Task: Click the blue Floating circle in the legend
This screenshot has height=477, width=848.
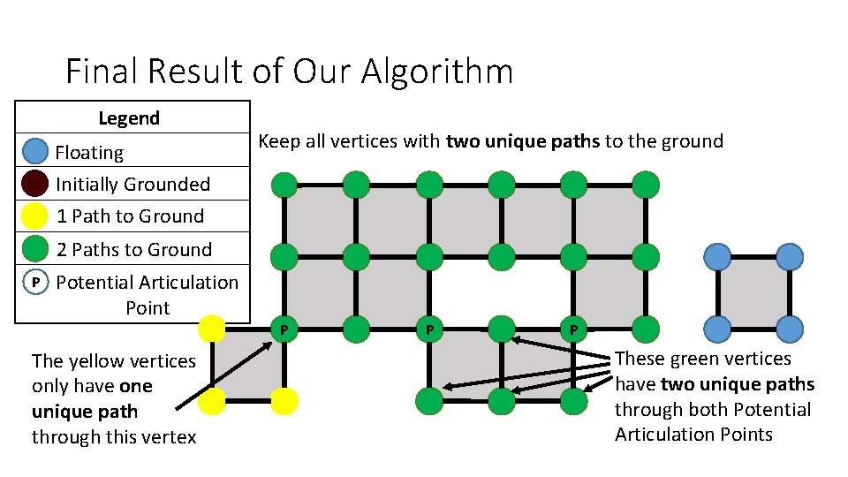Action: [34, 152]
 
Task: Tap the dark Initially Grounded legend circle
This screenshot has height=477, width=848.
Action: [34, 184]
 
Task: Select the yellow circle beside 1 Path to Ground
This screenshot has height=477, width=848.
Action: [34, 216]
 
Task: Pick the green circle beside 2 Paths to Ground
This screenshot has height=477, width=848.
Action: [34, 249]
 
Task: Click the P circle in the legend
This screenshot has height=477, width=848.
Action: [34, 283]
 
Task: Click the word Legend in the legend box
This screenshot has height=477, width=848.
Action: [129, 117]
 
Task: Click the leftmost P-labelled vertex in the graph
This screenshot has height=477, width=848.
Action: [284, 329]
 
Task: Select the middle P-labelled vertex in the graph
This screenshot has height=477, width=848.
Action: [429, 329]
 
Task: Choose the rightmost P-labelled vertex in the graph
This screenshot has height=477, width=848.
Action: [573, 329]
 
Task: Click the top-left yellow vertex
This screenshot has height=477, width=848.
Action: [211, 329]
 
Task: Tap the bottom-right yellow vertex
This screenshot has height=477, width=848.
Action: [284, 402]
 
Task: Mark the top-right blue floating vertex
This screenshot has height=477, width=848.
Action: [790, 257]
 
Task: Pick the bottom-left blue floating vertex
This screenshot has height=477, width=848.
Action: [717, 329]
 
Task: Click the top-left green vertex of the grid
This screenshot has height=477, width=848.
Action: [284, 185]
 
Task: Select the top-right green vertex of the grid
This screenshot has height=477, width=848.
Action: [646, 185]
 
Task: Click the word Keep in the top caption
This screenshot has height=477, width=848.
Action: [279, 141]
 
